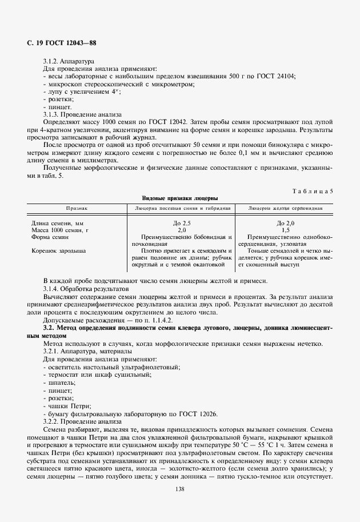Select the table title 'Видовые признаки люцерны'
tap(180, 198)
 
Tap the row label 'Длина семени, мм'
tap(59, 222)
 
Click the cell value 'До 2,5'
tap(181, 222)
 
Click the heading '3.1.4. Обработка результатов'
tap(83, 289)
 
